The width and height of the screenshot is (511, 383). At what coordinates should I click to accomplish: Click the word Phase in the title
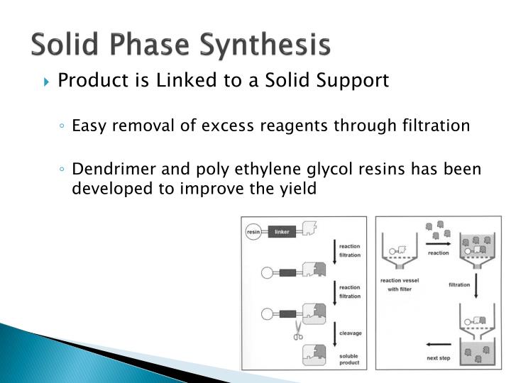(x=157, y=44)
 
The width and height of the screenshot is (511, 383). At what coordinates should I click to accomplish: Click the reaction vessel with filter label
(x=400, y=284)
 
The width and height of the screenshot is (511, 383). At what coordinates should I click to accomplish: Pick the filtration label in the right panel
(x=459, y=284)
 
